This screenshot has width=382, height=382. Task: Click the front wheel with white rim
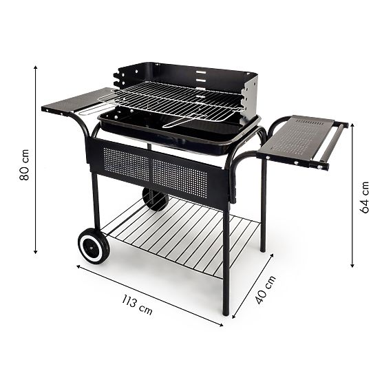coord(93,246)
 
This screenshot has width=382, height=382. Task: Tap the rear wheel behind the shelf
coord(155,198)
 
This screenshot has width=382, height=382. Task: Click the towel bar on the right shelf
coord(334,145)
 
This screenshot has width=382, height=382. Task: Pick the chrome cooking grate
coord(172,100)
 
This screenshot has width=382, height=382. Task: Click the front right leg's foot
coord(225,312)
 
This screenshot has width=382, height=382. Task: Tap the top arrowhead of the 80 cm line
coord(36,67)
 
